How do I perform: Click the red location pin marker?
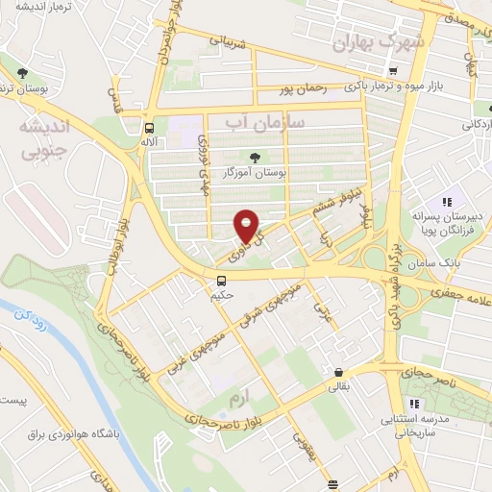[248, 225]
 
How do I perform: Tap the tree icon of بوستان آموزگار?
[255, 157]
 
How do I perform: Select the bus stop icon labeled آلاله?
[149, 127]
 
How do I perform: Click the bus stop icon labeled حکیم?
[222, 281]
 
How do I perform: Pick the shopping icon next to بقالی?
[338, 373]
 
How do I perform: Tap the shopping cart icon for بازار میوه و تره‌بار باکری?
[392, 71]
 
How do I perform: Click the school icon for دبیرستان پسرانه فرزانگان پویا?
[446, 202]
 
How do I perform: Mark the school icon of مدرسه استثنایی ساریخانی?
[415, 404]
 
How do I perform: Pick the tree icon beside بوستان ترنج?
[22, 73]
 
